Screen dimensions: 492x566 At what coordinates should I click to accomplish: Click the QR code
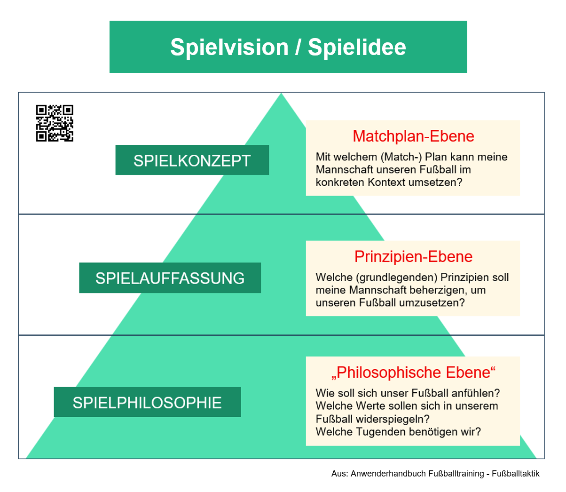tap(55, 123)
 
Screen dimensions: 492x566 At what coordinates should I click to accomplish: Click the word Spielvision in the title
tap(229, 47)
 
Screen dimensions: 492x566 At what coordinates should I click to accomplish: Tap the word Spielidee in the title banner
tap(357, 47)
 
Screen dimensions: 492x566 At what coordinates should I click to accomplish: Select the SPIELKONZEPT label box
tap(192, 160)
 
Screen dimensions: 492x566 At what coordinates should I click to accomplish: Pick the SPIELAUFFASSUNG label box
tap(170, 278)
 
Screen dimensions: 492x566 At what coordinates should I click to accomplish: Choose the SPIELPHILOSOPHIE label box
tap(147, 403)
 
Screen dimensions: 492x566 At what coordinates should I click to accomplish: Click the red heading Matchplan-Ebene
tap(413, 136)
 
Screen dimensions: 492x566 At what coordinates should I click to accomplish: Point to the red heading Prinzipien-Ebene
tap(413, 256)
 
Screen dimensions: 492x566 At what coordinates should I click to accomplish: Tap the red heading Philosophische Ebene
tap(413, 372)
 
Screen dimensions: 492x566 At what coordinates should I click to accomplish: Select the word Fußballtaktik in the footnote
tap(515, 474)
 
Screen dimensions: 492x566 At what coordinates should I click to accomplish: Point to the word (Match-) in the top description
tap(401, 157)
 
